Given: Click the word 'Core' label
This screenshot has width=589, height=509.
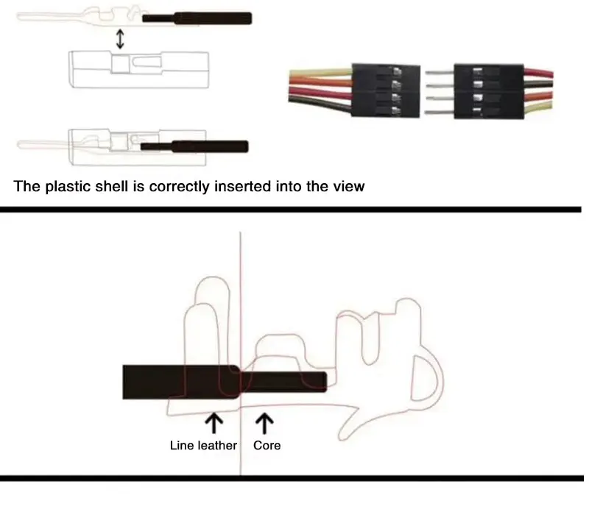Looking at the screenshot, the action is coord(267,445).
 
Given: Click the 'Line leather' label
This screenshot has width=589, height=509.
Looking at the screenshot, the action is coord(203,445).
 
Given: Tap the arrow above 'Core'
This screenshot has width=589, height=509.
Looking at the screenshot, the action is coord(264,423).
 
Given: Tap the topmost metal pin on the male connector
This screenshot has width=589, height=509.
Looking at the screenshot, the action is coord(440,73).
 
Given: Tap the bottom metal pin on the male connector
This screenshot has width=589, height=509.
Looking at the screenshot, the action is coord(440,112).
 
